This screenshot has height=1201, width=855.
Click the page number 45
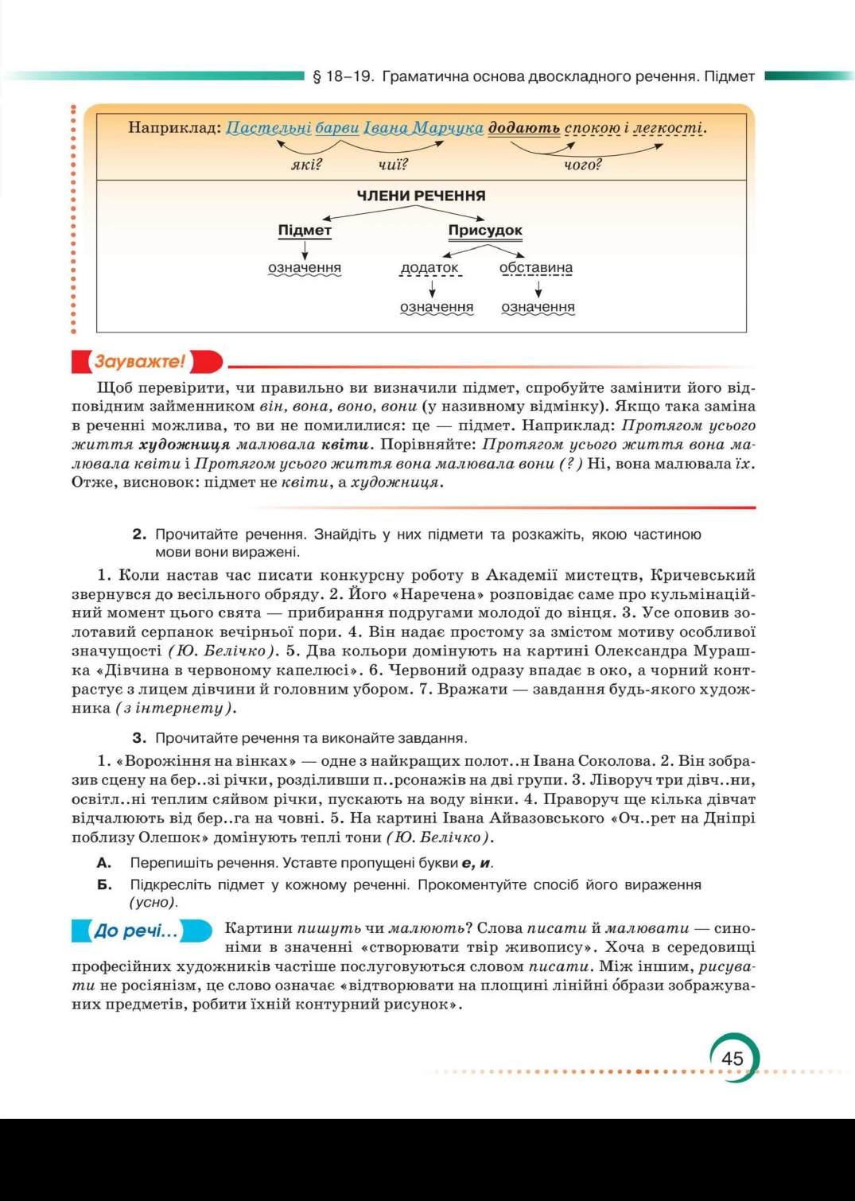732,1058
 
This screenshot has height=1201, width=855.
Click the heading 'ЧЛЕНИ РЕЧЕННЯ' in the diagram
421,196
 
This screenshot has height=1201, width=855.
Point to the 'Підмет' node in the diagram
305,231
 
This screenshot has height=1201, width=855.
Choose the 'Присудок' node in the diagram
485,231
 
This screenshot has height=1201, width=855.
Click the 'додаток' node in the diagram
429,268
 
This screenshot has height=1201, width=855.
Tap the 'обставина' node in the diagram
536,268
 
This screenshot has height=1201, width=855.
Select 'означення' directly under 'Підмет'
305,268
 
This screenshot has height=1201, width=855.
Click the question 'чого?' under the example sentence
583,165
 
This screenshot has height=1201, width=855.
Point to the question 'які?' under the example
306,165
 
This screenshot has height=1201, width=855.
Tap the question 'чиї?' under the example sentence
393,165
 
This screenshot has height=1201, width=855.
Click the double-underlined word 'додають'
524,128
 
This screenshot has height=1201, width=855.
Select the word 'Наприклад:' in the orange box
174,128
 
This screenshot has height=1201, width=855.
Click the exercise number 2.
140,534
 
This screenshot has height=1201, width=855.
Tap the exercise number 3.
140,738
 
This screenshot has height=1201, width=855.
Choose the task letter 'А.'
104,863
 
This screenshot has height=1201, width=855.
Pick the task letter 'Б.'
104,884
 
